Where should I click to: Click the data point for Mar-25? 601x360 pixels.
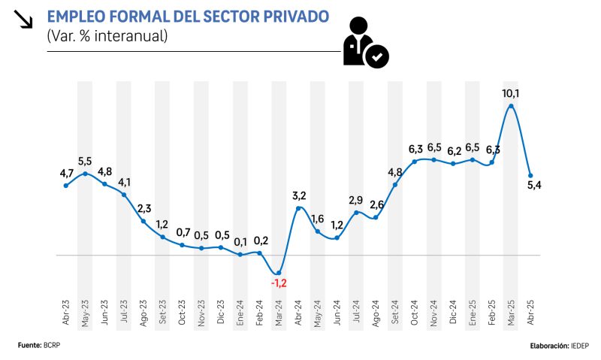click(512, 107)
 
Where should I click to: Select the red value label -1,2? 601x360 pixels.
click(279, 283)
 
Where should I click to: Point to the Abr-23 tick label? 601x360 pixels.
click(66, 311)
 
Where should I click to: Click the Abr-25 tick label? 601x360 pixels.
click(530, 311)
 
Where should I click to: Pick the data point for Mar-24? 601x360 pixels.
click(279, 273)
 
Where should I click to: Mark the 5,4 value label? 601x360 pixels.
click(535, 186)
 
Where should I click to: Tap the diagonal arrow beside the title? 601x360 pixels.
click(24, 19)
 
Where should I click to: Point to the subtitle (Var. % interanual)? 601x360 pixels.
click(107, 35)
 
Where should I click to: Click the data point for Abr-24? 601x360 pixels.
click(298, 208)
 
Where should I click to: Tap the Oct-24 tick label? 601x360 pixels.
click(415, 311)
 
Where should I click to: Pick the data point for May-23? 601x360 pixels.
click(85, 174)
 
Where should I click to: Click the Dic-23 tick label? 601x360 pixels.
click(221, 311)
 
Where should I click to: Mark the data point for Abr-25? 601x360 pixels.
click(530, 176)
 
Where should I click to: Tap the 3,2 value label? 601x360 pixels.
click(300, 195)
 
